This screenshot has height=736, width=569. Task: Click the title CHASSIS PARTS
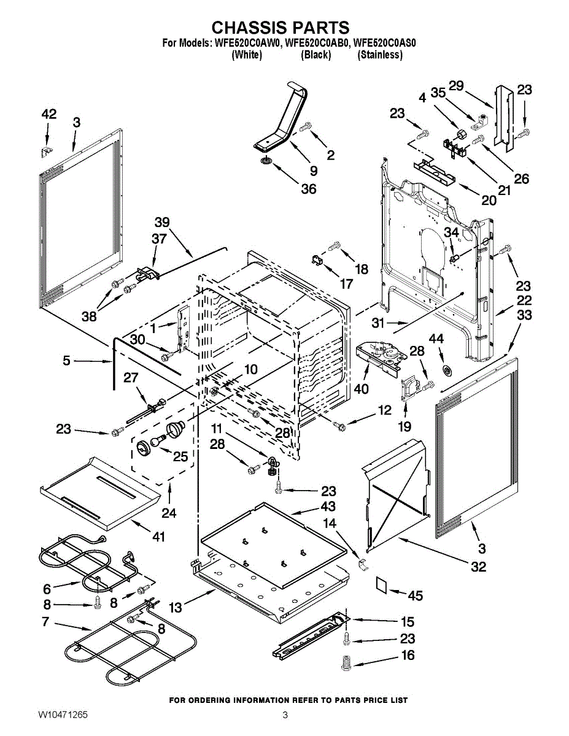click(281, 28)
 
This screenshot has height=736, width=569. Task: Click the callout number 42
click(49, 113)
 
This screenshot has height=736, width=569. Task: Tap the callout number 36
click(309, 189)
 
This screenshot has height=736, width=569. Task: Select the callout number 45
click(416, 596)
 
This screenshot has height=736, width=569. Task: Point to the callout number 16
click(408, 655)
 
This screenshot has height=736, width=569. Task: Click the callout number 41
click(159, 537)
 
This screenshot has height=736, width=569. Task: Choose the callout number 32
click(478, 566)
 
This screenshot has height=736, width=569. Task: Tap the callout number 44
click(436, 339)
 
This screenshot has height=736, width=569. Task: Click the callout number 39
click(161, 222)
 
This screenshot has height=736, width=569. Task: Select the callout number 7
click(45, 622)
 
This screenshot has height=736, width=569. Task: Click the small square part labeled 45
click(382, 585)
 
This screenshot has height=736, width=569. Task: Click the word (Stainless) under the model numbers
click(380, 55)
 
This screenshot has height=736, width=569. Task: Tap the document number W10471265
click(62, 715)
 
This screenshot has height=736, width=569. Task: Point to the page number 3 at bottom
click(285, 715)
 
